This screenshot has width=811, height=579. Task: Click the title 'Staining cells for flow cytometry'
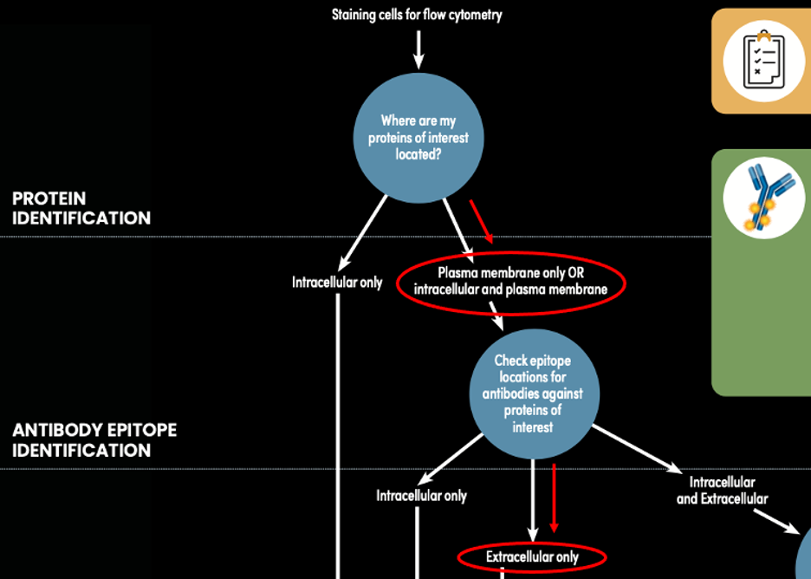coord(417,14)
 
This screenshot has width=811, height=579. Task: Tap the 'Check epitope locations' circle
coord(532,394)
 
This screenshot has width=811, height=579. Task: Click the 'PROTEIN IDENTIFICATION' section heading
coord(81,208)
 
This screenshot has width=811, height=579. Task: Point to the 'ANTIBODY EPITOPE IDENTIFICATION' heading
coord(94,440)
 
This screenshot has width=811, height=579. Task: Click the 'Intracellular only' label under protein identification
coord(336,282)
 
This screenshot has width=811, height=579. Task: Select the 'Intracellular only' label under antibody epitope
coord(421,496)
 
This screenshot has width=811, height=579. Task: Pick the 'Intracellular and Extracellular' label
coord(722,490)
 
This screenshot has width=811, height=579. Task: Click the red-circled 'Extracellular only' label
coord(531,556)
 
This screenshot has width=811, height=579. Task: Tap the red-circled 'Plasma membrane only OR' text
coord(510,272)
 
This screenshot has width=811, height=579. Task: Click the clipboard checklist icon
coord(763,60)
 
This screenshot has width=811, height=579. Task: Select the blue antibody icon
coord(762,198)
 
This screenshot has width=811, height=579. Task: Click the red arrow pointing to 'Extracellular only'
coord(555,499)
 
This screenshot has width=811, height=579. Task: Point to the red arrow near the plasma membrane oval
coord(482,221)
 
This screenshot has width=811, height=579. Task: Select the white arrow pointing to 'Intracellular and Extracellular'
coord(638,448)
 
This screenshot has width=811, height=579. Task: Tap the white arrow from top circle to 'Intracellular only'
coord(364,232)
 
